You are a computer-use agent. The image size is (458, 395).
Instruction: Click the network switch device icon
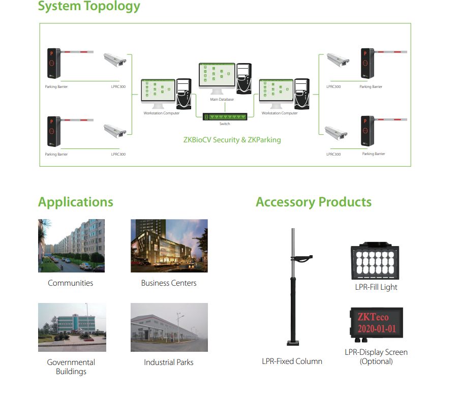point(225,117)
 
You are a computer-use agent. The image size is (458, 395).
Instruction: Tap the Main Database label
point(222,99)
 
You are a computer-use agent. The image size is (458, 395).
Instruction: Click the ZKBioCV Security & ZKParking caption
point(232,140)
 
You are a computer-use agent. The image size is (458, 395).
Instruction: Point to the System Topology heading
point(89,6)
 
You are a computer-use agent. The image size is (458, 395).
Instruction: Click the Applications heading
point(76,202)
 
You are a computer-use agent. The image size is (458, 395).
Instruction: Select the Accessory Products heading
point(314,202)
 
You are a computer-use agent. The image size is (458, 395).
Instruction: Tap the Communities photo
point(71,246)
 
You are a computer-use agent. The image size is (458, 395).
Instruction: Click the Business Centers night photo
point(169,246)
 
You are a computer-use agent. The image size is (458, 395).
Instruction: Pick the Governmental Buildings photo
point(72,327)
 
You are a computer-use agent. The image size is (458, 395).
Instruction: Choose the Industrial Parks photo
point(169,327)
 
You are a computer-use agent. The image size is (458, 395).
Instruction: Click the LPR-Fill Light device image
point(375,261)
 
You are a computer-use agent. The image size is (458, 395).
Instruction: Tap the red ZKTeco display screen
point(377,324)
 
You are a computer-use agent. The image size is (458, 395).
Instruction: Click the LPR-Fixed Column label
point(292,361)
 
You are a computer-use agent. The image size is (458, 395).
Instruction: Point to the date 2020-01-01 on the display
point(377,329)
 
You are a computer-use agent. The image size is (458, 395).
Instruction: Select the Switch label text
point(225,124)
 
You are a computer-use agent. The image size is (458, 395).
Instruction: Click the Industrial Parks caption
point(169,362)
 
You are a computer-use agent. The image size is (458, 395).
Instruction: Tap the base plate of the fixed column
point(293,343)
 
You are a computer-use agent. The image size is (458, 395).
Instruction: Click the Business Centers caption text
point(169,283)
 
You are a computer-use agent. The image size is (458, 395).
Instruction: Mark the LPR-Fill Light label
point(376,287)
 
